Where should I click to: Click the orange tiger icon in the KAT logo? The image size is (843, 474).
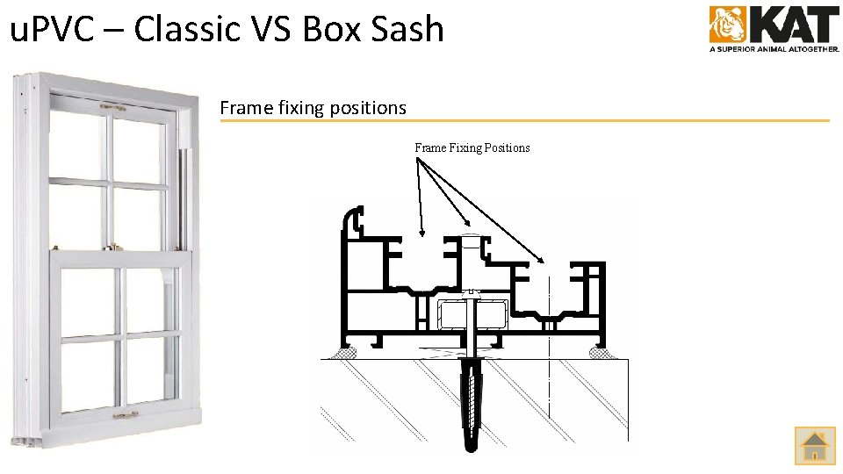pos(727,24)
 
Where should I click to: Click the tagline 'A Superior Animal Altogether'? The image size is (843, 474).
pos(774,49)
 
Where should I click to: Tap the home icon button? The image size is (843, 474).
pos(815,445)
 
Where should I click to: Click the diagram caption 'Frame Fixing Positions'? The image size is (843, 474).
pos(472,147)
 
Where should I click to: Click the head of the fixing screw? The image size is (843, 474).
pos(472,293)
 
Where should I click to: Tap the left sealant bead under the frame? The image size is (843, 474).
pos(342,353)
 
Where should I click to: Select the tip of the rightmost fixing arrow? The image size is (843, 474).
pos(544,261)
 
